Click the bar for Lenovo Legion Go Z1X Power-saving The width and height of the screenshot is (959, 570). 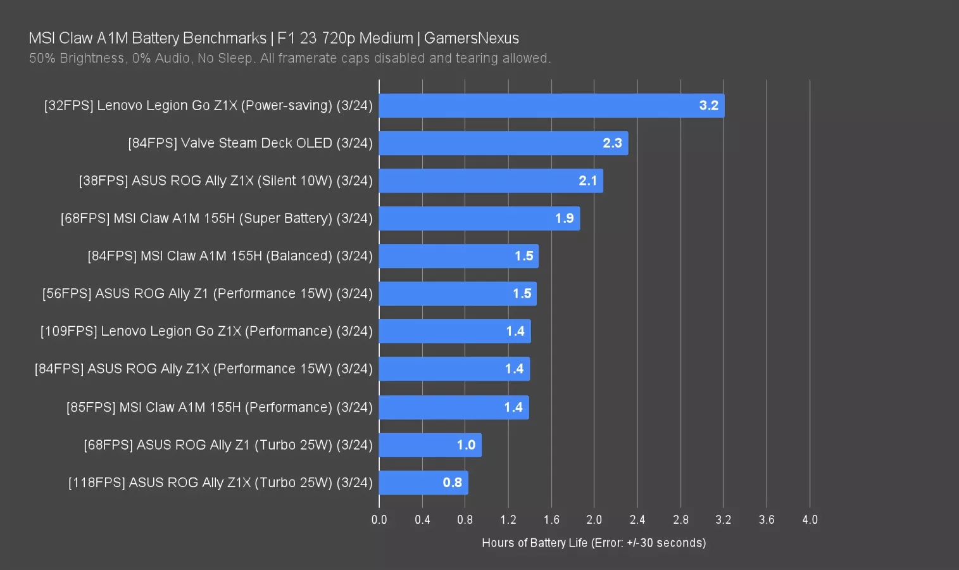point(551,106)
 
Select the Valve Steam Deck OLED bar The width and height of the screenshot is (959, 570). point(503,143)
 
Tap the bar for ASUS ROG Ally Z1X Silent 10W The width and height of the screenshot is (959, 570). point(491,181)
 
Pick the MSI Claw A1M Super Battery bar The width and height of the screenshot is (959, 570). point(479,218)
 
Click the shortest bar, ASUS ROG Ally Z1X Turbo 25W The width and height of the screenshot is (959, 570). point(423,483)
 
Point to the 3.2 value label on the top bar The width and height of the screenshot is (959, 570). point(708,106)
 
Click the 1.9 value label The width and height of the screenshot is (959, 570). point(564,218)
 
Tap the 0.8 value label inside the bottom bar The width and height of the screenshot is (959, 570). point(452,483)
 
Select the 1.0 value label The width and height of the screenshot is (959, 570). point(466,445)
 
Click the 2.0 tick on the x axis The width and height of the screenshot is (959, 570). point(594,520)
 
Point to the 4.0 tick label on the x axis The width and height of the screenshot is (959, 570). point(810,520)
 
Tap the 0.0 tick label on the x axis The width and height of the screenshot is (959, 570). point(379,520)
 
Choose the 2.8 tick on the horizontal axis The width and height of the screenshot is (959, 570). point(680,520)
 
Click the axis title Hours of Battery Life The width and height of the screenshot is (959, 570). point(594,543)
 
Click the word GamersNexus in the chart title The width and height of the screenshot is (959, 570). point(472,38)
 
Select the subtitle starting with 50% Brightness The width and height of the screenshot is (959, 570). point(290,58)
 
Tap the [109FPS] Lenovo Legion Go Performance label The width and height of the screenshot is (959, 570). point(206,331)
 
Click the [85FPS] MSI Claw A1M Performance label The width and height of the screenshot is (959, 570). point(219,407)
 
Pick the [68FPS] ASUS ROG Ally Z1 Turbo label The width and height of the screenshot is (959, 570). point(228,445)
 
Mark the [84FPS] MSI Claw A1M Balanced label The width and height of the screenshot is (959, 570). point(230,256)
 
